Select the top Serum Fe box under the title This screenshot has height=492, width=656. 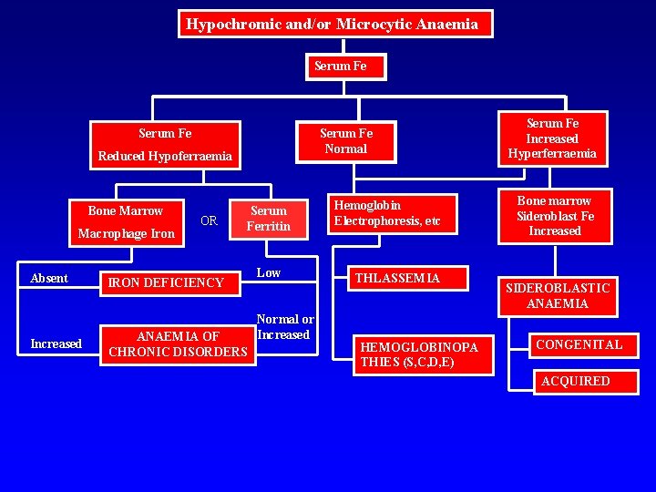coord(340,67)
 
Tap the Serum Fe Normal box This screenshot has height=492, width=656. coord(345,141)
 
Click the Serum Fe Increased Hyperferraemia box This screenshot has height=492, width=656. coord(552,138)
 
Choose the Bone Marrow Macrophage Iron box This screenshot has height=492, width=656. coord(126,222)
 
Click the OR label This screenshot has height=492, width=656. coord(209,221)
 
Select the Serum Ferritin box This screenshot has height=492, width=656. coord(269,219)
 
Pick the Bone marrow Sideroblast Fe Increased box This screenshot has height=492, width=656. coord(554,216)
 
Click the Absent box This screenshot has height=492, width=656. coord(49,279)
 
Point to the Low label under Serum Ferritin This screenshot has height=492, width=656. coord(269,273)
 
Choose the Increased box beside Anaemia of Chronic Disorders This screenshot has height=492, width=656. coord(56,343)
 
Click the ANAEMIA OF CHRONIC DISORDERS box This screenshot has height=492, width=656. coord(178,344)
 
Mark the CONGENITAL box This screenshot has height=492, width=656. coord(579,344)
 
